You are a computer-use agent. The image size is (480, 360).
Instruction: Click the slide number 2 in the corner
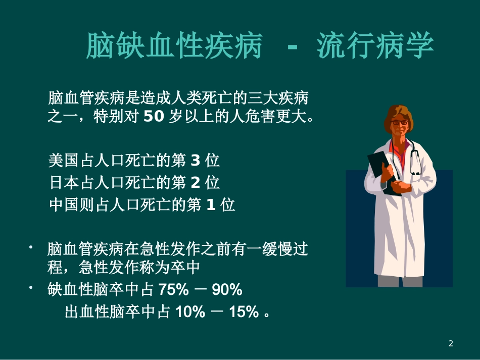(x=451, y=344)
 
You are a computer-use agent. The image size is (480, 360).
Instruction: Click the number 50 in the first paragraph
(x=154, y=117)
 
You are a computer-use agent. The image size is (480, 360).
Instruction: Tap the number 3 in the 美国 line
(x=196, y=161)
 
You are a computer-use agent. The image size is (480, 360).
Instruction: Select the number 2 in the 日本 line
(x=196, y=182)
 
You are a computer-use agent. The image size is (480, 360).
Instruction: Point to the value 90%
(x=227, y=290)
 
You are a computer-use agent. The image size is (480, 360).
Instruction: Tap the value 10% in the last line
(x=190, y=312)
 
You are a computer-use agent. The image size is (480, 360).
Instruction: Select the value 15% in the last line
(x=244, y=312)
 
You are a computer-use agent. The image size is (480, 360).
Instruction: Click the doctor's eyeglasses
(x=400, y=122)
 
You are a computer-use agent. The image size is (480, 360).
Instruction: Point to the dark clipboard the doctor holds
(x=380, y=169)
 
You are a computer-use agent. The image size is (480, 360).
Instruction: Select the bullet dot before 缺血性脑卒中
(x=31, y=287)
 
